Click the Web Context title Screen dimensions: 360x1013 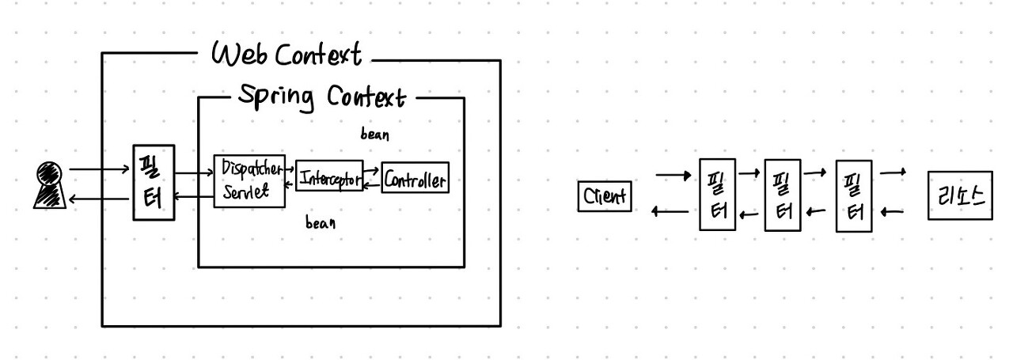[286, 55]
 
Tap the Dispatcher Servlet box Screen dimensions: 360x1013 [249, 180]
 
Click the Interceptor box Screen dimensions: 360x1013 [329, 176]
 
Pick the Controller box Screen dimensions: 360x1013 [415, 180]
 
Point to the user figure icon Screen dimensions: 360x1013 [48, 185]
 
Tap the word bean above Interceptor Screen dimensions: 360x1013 [374, 135]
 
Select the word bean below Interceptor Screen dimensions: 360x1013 [321, 223]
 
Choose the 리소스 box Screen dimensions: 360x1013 [960, 195]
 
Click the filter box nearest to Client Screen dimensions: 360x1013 [717, 195]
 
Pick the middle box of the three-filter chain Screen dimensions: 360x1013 [783, 195]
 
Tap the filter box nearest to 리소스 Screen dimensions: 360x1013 [854, 195]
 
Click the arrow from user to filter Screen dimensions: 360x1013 [99, 169]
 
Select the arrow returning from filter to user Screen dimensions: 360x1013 [99, 201]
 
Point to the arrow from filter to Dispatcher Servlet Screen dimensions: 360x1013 [193, 172]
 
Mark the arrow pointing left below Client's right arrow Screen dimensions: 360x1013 [670, 212]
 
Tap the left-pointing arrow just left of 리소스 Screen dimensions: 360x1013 [892, 212]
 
